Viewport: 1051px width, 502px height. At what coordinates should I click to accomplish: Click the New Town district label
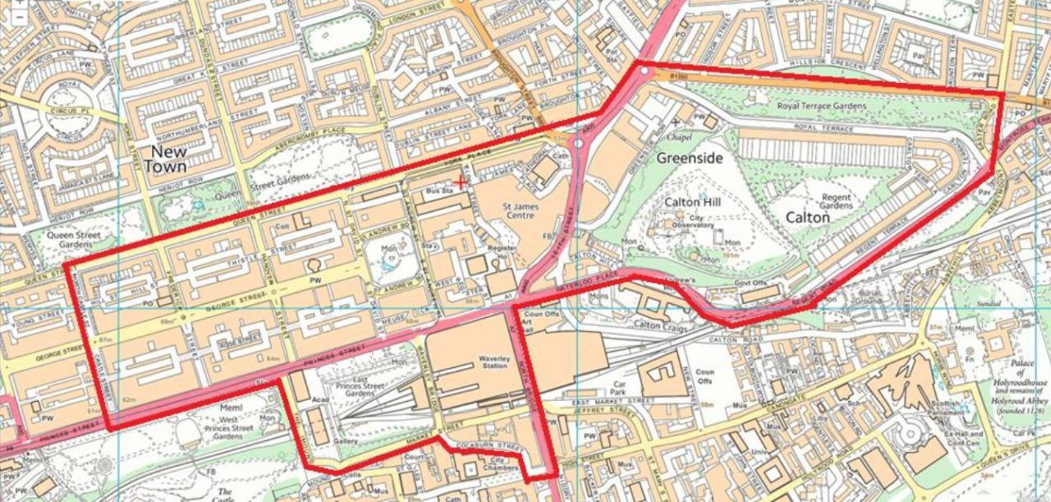165,159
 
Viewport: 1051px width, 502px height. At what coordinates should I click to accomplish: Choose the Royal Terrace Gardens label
821,107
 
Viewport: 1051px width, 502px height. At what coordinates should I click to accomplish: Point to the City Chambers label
498,463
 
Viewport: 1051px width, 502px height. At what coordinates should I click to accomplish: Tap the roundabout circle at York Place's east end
579,143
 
